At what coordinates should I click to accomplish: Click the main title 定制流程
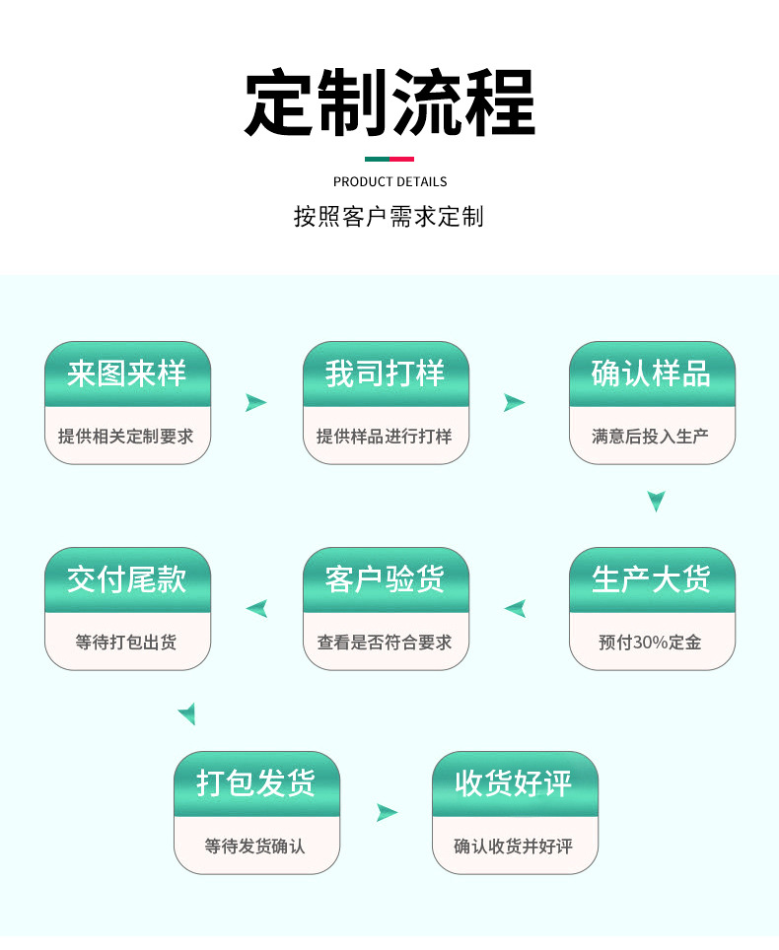coord(389,102)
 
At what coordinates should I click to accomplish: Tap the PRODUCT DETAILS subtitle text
coord(389,181)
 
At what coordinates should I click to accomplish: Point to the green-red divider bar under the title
coord(389,160)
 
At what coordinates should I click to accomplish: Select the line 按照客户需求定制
coord(389,216)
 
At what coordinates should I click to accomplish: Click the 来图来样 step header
coord(126,373)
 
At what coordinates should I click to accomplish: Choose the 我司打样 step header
coord(386,373)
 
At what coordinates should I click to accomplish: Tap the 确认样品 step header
coord(652,373)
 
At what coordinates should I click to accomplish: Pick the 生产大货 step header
coord(652,579)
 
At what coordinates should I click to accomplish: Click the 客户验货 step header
coord(386,579)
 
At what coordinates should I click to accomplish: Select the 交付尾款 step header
coord(126,579)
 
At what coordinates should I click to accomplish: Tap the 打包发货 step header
coord(256,783)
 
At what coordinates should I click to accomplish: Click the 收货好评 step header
coord(515,783)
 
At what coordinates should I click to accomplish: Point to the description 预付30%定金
coord(650,643)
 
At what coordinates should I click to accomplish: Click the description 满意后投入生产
coord(650,437)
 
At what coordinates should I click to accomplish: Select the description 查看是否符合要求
coord(385,643)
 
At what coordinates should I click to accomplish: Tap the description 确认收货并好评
coord(514,847)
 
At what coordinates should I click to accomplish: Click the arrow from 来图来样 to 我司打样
coord(254,402)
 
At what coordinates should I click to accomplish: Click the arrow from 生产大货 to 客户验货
coord(517,608)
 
